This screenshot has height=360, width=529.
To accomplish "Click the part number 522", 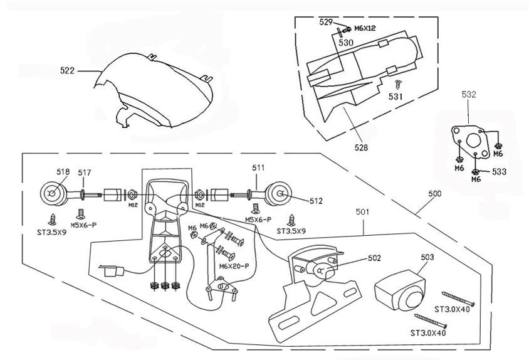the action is tap(67, 71).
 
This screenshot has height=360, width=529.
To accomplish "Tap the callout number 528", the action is tap(361, 147).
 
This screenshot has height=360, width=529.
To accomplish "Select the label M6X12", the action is tap(365, 28).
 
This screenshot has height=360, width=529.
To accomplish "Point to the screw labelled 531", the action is tap(399, 84).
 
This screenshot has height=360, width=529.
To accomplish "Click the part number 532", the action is tap(469, 95).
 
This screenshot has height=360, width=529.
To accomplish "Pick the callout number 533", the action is tap(499, 172).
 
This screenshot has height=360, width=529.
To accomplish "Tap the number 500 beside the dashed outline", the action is tap(435, 194).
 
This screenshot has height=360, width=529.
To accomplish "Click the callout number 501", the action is tap(362, 212).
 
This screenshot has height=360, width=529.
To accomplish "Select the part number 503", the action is tap(427, 257).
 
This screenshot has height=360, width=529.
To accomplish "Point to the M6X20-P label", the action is tap(234, 266).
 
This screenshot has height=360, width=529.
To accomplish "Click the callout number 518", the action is tap(63, 172).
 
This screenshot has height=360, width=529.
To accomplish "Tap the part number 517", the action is tap(85, 173).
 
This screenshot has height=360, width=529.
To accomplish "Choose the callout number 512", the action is tap(316, 201).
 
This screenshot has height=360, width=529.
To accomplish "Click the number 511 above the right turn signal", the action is tap(258, 168).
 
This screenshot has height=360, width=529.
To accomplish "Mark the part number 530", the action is tap(346, 43).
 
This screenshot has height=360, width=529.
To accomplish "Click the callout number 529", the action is tap(326, 23).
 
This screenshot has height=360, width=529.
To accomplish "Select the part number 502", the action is tap(374, 258).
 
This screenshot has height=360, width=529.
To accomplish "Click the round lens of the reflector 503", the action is tap(412, 299).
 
